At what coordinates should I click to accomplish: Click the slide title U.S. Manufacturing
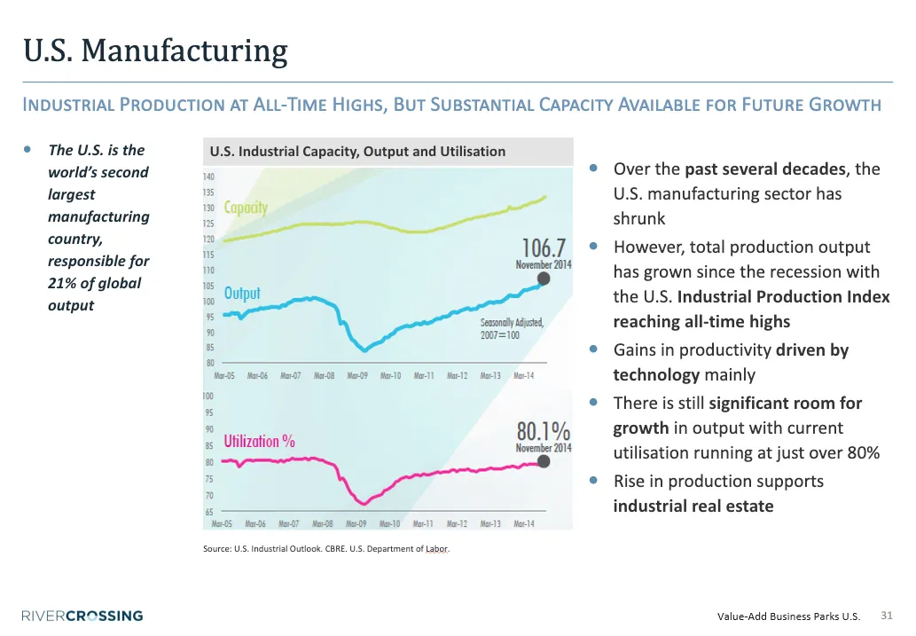[x=155, y=51]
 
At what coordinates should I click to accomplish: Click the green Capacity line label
[x=246, y=208]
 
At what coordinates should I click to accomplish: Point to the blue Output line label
[x=242, y=293]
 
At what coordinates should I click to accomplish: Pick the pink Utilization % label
[x=259, y=441]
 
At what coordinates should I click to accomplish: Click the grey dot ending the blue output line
[x=544, y=279]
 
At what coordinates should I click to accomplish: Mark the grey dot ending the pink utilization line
[x=544, y=461]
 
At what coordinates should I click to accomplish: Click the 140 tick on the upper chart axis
[x=208, y=177]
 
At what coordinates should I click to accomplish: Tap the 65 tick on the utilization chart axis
[x=209, y=512]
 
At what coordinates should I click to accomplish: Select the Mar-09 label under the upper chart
[x=356, y=376]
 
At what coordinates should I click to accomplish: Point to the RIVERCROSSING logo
[x=82, y=616]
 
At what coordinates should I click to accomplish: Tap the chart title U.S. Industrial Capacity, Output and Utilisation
[x=357, y=152]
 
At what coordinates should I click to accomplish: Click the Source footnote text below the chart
[x=326, y=549]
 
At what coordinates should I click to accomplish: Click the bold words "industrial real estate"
[x=693, y=506]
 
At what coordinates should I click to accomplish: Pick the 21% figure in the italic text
[x=61, y=284]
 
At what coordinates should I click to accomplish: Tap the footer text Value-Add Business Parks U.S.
[x=788, y=616]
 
